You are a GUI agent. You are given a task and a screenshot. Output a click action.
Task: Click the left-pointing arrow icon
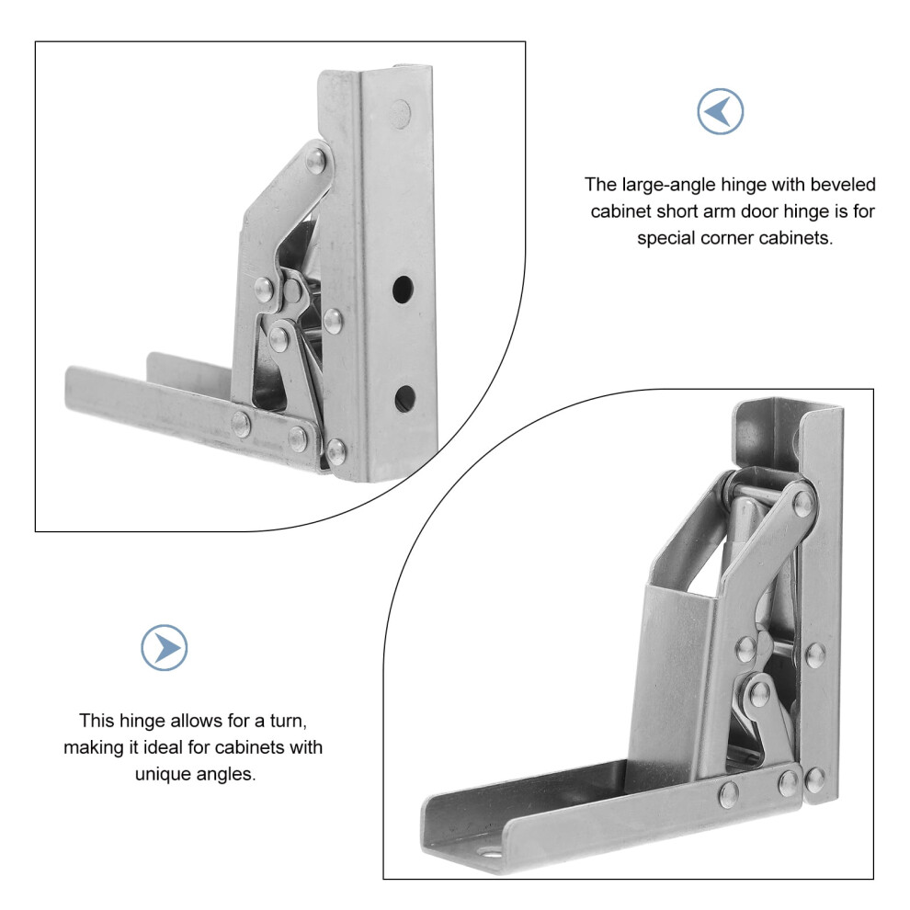pos(720,111)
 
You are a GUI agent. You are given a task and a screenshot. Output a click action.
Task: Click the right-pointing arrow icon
pos(165,648)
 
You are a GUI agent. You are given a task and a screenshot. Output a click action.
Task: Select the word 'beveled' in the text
pos(843,185)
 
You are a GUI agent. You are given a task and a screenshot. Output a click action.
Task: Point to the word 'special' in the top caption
pos(666,238)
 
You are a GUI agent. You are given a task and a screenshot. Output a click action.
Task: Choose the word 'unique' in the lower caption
pos(165,775)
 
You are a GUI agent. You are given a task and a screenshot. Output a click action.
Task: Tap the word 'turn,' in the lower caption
pos(289,722)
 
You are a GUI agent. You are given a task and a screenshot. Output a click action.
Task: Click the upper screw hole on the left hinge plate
pos(403,289)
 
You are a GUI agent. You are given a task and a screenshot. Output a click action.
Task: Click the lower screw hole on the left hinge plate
pos(405,398)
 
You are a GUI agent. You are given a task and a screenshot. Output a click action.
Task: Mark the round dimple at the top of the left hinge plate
pos(400,111)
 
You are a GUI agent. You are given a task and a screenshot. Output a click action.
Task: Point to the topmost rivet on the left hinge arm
pos(316,161)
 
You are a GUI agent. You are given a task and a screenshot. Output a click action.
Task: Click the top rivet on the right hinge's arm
pos(803,503)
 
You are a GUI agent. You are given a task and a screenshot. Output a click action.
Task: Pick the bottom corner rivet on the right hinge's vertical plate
pos(814,778)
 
